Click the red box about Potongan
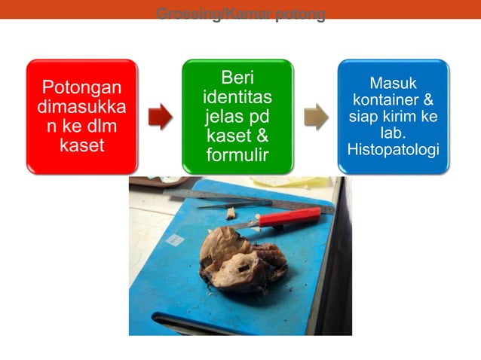coord(81,116)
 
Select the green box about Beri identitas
coord(237,116)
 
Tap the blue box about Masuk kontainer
coord(393,116)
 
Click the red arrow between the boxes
coord(160,117)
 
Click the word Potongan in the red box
coord(81,87)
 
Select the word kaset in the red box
coord(81,145)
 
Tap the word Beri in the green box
coord(237,78)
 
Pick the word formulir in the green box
coord(237,155)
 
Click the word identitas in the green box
coord(237,98)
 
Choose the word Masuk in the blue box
coord(393,83)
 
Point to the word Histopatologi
coord(393,150)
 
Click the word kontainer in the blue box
coord(393,99)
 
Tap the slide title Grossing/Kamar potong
coord(240,14)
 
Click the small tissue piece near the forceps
coord(231,213)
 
